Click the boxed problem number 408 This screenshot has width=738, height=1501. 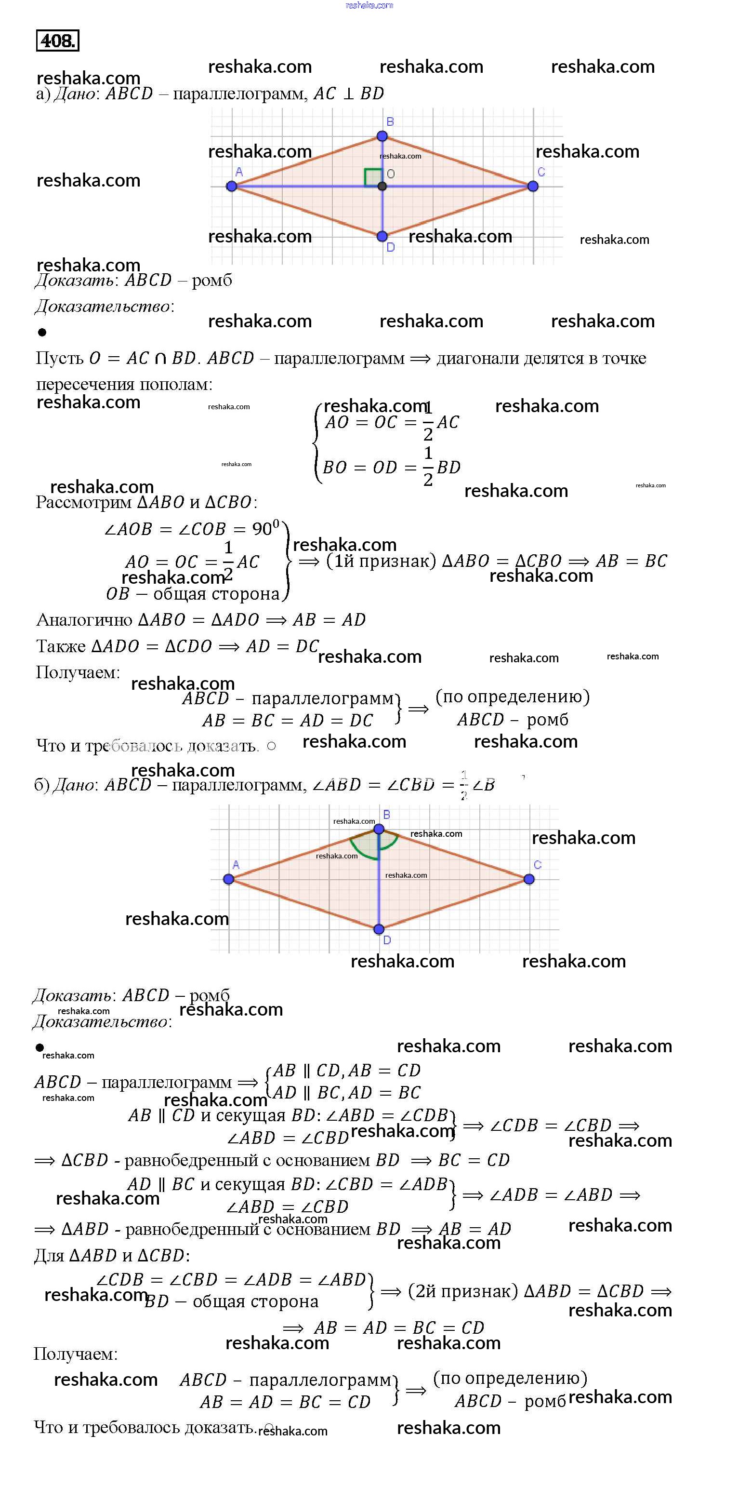point(57,41)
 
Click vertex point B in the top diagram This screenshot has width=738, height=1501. point(382,136)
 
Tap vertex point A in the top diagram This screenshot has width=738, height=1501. point(232,187)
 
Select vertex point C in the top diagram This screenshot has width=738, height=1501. point(532,187)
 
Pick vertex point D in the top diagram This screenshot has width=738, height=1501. point(382,236)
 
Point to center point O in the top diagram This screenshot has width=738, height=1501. point(382,187)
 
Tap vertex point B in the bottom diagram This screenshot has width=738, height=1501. point(379,829)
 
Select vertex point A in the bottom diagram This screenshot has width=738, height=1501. point(228,879)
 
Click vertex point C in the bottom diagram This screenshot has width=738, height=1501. point(529,879)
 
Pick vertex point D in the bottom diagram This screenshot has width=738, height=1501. point(379,929)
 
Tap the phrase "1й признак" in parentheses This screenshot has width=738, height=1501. point(381,561)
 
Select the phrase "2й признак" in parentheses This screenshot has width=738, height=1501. point(463,1291)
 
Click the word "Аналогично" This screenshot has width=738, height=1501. point(84,619)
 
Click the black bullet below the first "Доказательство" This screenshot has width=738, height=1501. point(42,332)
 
